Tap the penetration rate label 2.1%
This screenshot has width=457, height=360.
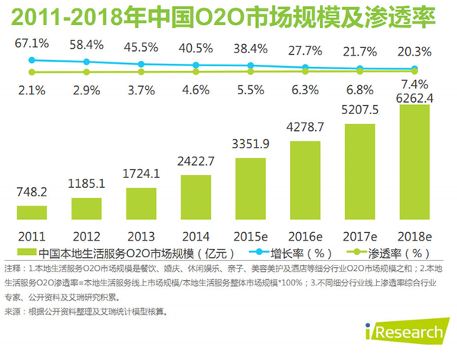32,91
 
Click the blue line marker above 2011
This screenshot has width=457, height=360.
32,59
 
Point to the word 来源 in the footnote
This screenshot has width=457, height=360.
13,312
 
